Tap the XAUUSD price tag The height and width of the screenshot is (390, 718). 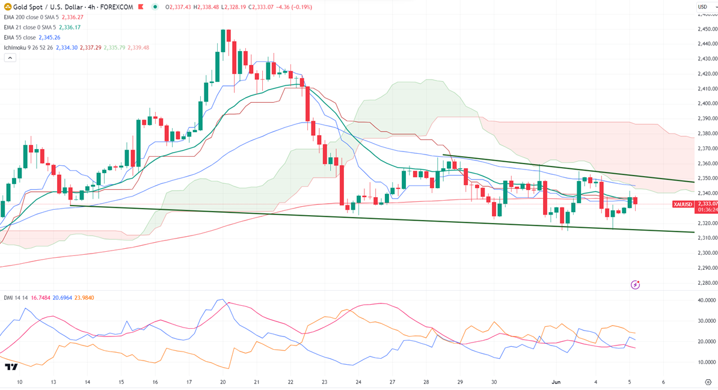[684, 204]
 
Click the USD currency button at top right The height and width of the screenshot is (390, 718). [702, 7]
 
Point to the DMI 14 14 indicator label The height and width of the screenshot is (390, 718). [15, 297]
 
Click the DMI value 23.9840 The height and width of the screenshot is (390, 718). [84, 297]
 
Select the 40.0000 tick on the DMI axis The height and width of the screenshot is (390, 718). [706, 300]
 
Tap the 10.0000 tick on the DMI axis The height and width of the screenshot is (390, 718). [706, 362]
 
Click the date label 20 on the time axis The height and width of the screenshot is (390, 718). [223, 382]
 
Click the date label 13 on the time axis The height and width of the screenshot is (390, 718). [54, 382]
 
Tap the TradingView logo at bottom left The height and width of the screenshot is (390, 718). [10, 367]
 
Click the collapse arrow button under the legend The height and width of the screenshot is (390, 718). [10, 58]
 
